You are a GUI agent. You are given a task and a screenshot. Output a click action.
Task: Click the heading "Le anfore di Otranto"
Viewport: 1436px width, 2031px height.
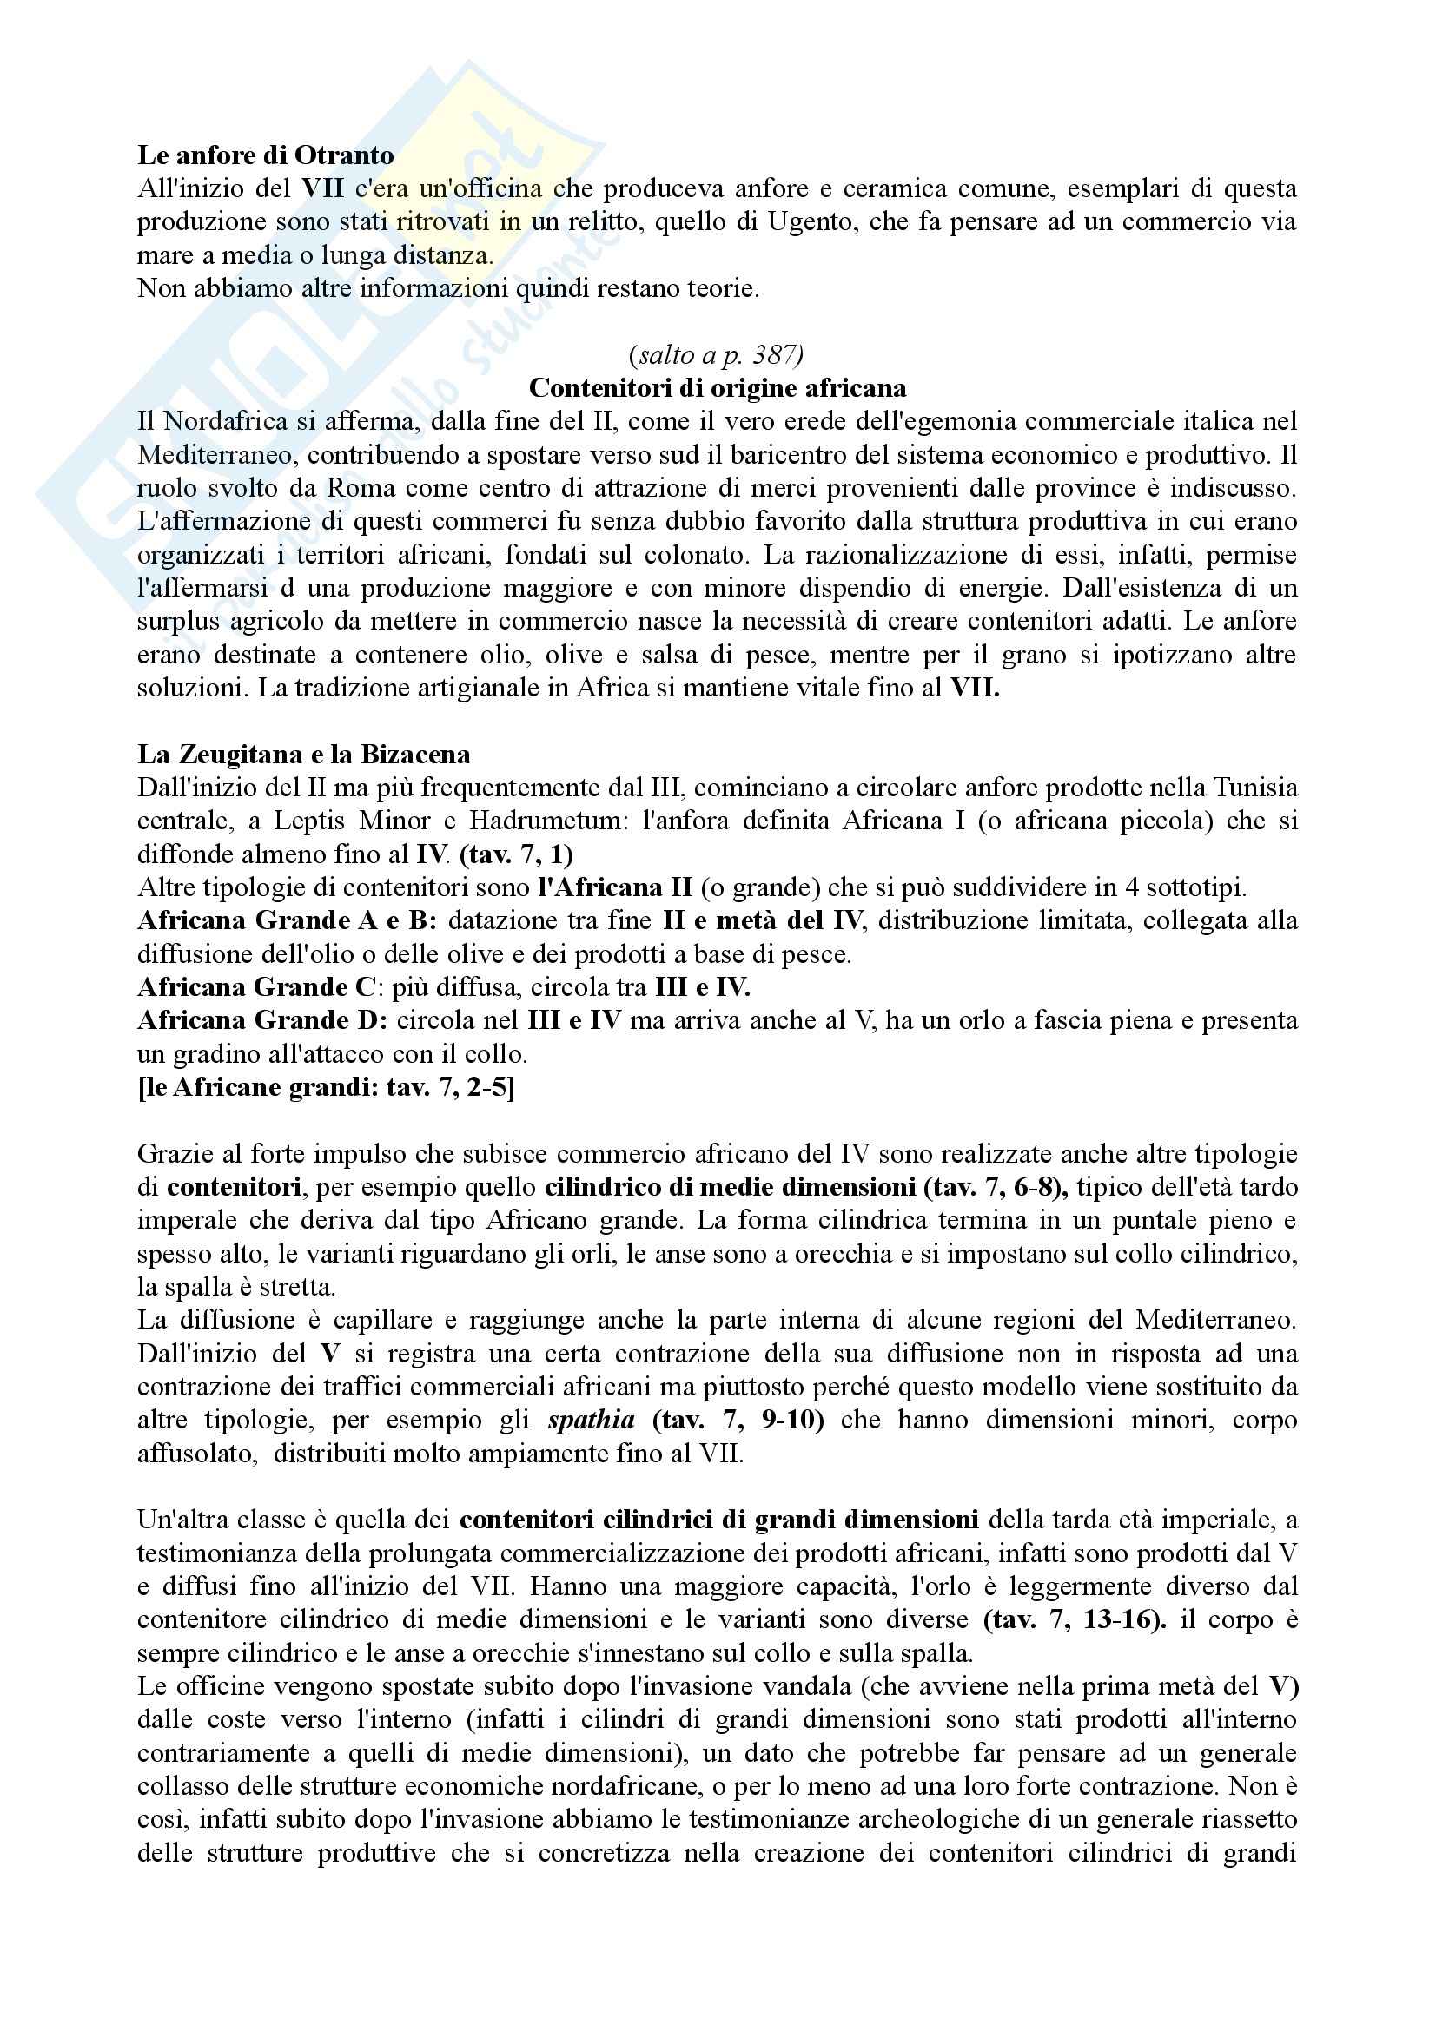[266, 155]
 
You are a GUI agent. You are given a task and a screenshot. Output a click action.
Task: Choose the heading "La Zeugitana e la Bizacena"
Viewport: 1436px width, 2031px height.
[303, 755]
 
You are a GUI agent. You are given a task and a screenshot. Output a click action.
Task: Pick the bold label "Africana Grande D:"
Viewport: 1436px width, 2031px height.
[262, 1021]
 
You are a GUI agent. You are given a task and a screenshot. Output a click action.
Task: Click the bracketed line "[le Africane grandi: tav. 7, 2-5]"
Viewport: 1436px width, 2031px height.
[326, 1087]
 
